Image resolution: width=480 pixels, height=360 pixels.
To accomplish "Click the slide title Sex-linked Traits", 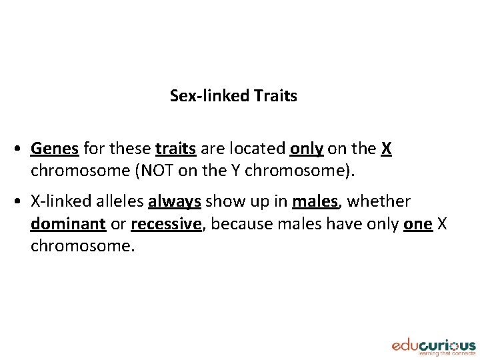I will point(233,96).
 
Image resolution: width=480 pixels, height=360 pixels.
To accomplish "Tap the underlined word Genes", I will point(55,149).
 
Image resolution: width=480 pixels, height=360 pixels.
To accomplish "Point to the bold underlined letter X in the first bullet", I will point(386,149).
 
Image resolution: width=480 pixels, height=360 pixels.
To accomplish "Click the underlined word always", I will point(175,201).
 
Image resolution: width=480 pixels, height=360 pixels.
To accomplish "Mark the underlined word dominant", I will point(68,224).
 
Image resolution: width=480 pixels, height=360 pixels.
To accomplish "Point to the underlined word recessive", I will point(166,224).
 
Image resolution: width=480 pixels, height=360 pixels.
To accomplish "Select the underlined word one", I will point(417,224).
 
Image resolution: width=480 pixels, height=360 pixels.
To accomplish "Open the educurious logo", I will point(433,346).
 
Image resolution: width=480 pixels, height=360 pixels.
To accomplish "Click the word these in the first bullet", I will point(131,149).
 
